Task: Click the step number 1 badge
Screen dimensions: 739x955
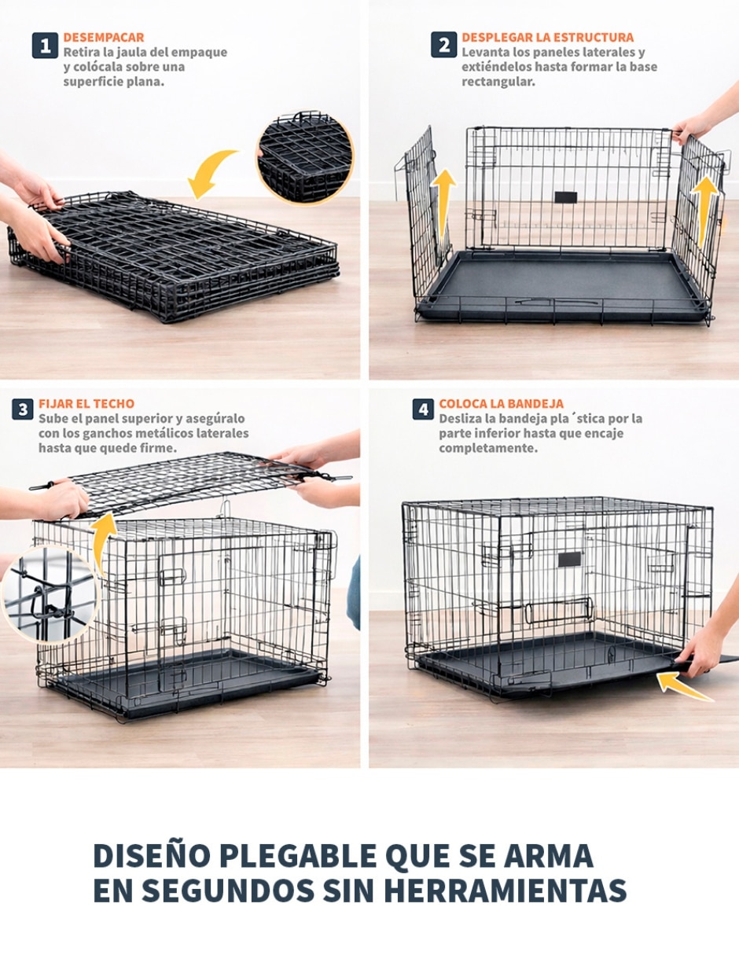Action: click(45, 46)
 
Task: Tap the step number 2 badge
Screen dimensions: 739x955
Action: click(443, 45)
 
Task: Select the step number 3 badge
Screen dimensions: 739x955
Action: click(23, 410)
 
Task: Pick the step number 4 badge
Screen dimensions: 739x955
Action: click(423, 410)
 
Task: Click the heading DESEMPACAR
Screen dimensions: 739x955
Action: click(104, 38)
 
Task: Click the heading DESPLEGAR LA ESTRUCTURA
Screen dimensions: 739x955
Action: click(547, 38)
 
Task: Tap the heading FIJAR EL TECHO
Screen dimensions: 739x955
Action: click(86, 403)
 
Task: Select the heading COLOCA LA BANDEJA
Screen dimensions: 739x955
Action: click(502, 403)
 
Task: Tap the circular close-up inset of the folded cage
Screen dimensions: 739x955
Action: click(305, 158)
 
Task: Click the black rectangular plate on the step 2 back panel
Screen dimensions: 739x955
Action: click(565, 197)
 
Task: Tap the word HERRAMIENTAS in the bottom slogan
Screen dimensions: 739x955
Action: click(506, 891)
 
